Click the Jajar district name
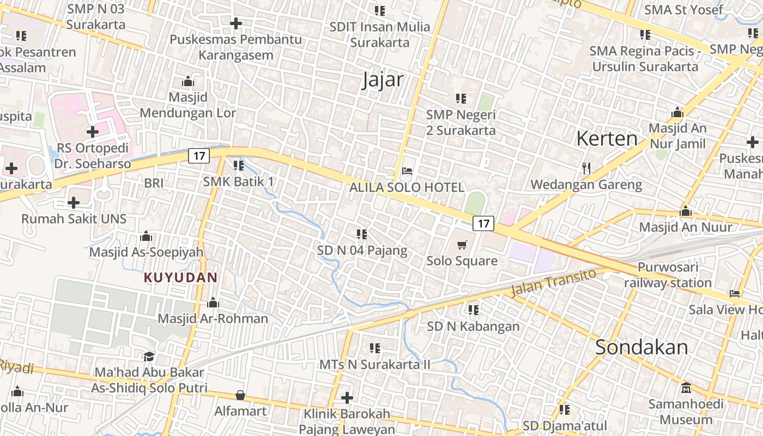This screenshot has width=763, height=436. pos(383,80)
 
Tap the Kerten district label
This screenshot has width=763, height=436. pos(607,138)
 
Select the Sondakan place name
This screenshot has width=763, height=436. pos(641,347)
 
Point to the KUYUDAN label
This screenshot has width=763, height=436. pos(180,277)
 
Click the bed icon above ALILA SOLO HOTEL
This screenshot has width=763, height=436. pos(407,171)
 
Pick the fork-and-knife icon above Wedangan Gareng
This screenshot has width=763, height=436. pos(586,168)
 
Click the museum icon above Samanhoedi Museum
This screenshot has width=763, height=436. pos(686,388)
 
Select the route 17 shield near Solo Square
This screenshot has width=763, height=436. pos(483,223)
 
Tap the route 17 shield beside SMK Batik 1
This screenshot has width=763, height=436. pos(199,156)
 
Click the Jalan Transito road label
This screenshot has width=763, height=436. pos(553,282)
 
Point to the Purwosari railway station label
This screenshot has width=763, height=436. pos(668,275)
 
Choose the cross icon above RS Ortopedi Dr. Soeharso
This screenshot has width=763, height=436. pos(93,131)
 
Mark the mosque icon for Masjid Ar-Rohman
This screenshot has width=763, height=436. pos(213,302)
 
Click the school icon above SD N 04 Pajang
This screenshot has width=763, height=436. pos(362,234)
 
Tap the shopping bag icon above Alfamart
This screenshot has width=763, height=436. pos(240,395)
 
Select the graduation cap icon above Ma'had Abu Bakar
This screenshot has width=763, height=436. pos(149,356)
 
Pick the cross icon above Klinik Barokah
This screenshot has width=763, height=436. pos(347,398)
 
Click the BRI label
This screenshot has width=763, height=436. pos(154,183)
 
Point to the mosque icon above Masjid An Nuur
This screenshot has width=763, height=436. pos(686,211)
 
